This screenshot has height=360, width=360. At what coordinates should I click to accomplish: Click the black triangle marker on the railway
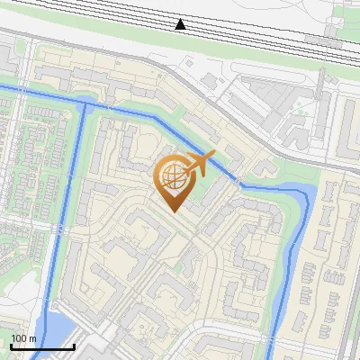[181, 23]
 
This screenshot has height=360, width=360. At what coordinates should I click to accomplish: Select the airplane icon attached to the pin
[201, 165]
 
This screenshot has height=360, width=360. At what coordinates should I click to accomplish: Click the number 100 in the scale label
[20, 338]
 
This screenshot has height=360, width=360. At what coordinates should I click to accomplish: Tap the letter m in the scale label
[31, 338]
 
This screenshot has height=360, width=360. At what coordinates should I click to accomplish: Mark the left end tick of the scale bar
[11, 346]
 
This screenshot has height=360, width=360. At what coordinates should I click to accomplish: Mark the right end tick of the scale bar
[74, 346]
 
